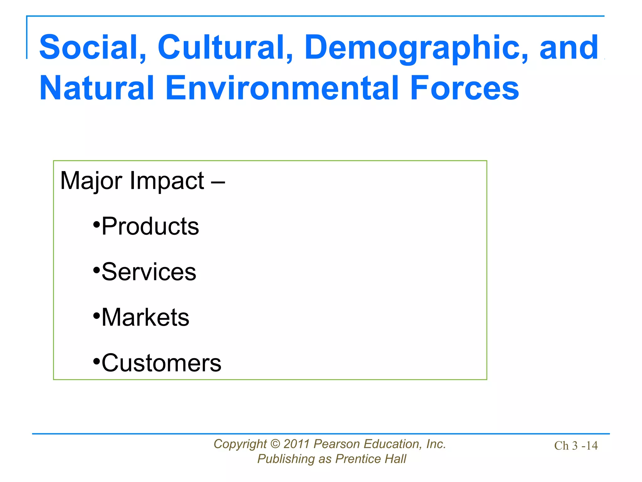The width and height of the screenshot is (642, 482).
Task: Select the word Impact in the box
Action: tap(167, 181)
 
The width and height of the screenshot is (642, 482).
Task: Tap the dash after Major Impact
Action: tap(218, 181)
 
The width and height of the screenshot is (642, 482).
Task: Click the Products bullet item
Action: tap(150, 226)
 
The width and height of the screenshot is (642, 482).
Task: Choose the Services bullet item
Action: tap(149, 272)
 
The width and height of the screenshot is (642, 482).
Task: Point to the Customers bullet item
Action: tap(161, 363)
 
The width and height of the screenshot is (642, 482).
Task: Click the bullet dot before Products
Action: tap(97, 225)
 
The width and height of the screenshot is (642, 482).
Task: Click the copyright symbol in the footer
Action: tap(275, 444)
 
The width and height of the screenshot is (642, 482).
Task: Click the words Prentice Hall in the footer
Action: tap(371, 459)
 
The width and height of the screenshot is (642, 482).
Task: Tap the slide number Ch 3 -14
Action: tap(576, 446)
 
